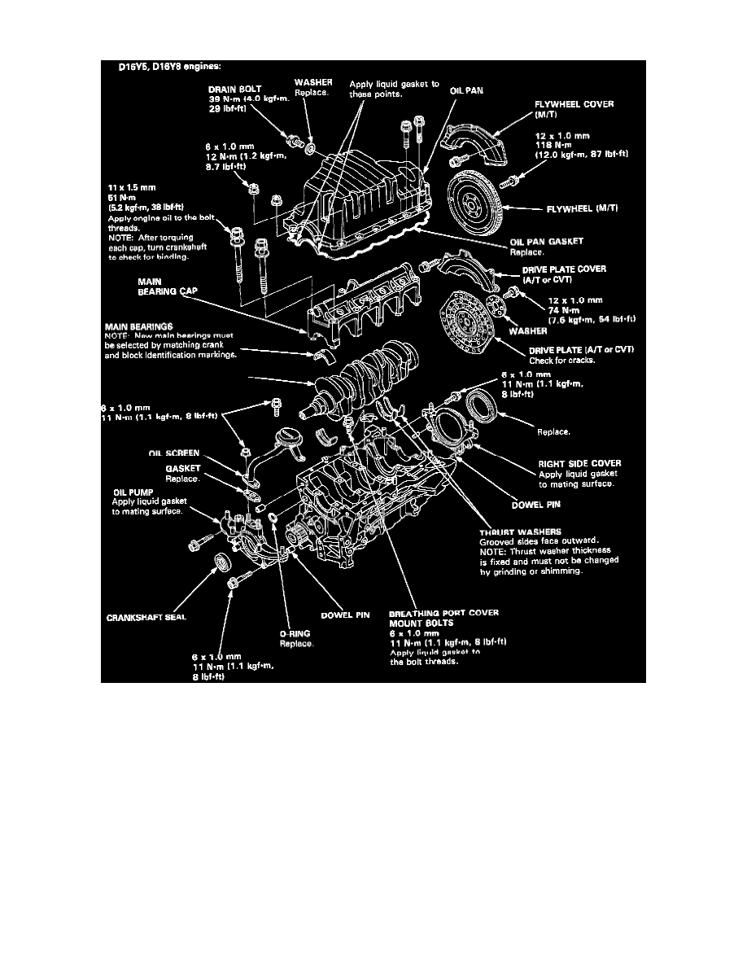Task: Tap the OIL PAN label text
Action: (x=466, y=91)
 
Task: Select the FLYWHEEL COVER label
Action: (x=574, y=104)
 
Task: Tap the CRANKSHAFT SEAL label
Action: (x=146, y=617)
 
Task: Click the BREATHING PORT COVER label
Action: (x=443, y=613)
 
